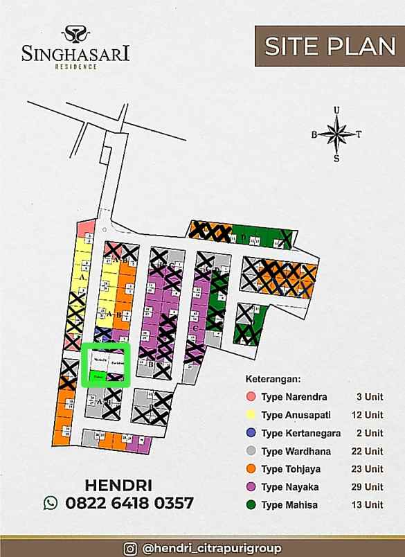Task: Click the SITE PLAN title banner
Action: coord(329,46)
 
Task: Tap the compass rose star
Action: coord(336,133)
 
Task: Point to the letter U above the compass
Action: coord(336,109)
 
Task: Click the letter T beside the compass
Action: coord(359,134)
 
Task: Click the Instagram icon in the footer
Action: coord(129,548)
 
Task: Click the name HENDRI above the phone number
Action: coord(118,484)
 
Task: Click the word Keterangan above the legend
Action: coord(273,380)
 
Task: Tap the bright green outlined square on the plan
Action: coord(107,364)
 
